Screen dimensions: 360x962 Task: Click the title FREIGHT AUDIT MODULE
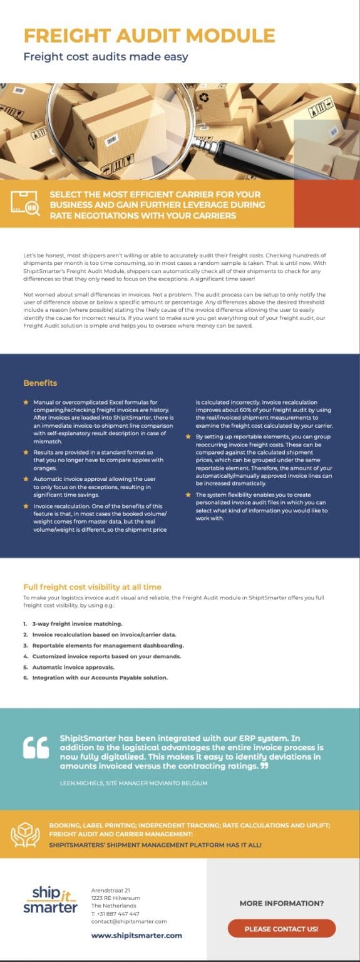coord(149,35)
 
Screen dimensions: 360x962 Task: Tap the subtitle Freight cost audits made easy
coord(106,57)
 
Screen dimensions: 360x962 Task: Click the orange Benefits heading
coord(40,383)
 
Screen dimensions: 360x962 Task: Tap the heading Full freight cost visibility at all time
coord(92,587)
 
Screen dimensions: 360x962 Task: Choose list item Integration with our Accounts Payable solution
coord(100,678)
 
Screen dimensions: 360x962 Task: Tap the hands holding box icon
coord(26,835)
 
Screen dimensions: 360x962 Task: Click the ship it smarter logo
coord(50,900)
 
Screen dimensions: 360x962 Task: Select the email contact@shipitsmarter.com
coord(129,921)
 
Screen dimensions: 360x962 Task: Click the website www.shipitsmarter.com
coord(136,936)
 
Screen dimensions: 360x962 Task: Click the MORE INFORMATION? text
coord(282,904)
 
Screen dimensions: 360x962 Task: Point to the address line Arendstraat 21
coord(111,890)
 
